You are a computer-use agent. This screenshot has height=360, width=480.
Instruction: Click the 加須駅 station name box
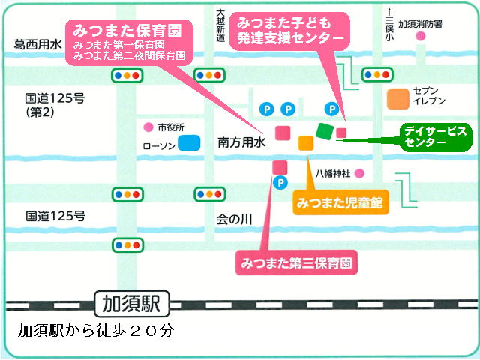(x=132, y=304)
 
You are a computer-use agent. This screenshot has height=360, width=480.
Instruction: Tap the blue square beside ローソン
(x=189, y=143)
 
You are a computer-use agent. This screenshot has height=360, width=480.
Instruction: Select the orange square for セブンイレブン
(x=398, y=99)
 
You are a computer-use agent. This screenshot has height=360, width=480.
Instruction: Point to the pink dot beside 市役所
(x=148, y=127)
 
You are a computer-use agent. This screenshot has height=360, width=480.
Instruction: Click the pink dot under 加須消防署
(x=421, y=37)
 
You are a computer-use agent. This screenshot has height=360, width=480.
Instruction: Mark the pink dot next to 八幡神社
(x=359, y=174)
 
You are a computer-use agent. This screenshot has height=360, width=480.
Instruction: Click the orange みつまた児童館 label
(x=340, y=202)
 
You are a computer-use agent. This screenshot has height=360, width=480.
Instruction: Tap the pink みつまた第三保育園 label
(x=296, y=262)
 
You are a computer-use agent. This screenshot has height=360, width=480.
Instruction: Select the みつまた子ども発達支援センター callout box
(x=289, y=31)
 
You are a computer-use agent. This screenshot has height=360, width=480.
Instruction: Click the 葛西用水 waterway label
(x=37, y=45)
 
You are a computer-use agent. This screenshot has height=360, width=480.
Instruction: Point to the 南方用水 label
(x=241, y=142)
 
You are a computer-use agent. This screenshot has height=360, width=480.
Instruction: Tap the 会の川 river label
(x=234, y=220)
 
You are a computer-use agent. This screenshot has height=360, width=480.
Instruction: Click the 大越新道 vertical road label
(x=220, y=25)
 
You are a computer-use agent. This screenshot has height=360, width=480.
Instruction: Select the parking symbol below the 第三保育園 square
(x=280, y=183)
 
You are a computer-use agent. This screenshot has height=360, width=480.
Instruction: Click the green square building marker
(x=325, y=132)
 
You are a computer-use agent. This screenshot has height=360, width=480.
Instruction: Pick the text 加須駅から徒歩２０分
(x=96, y=331)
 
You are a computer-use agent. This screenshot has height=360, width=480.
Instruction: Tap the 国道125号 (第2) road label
(x=55, y=105)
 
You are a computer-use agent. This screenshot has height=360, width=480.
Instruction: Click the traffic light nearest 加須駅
(x=127, y=245)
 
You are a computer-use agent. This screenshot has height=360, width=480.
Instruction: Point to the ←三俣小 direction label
(x=389, y=25)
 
